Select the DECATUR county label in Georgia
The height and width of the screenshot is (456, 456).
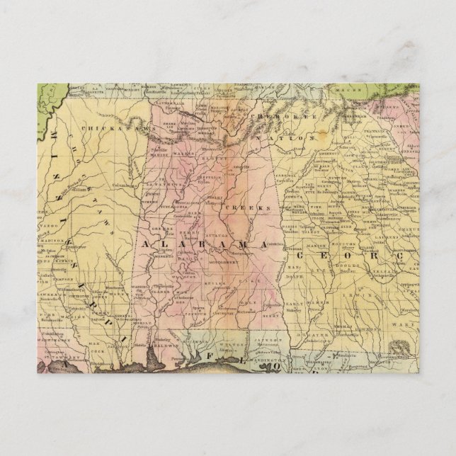click(312, 334)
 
